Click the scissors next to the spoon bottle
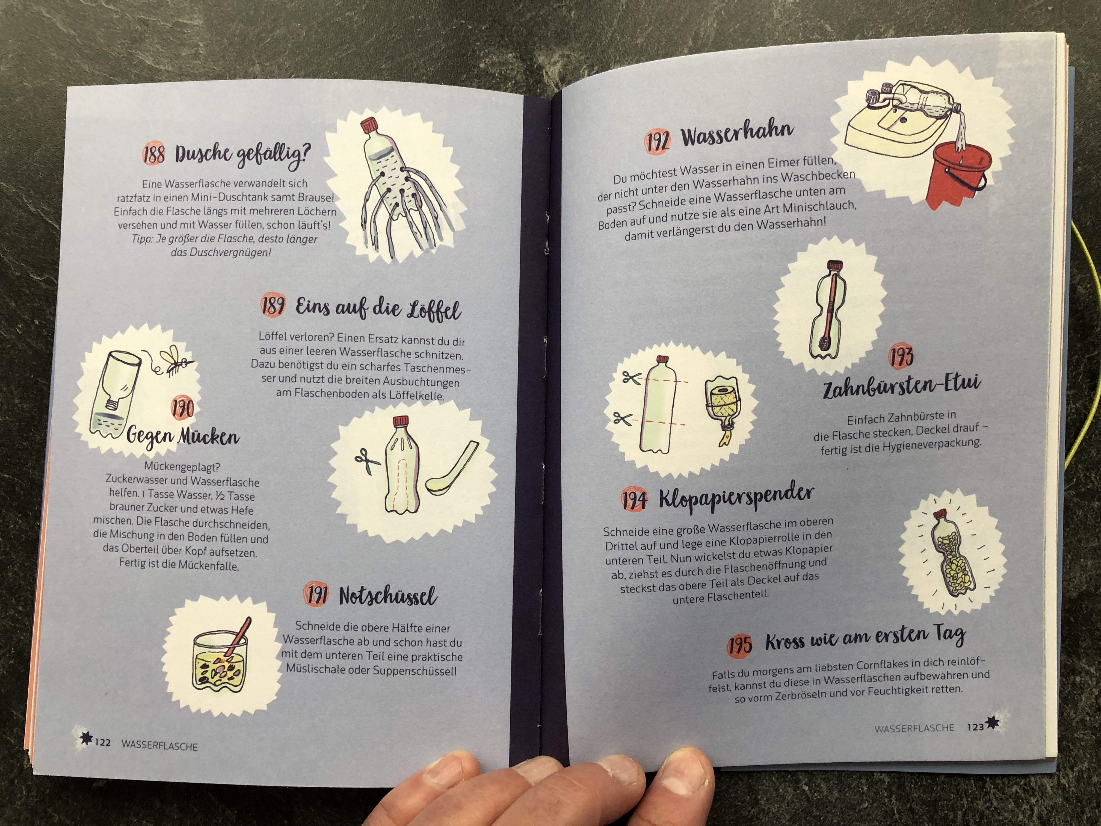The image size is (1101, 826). coord(367,461)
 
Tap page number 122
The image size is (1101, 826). coord(102,742)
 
